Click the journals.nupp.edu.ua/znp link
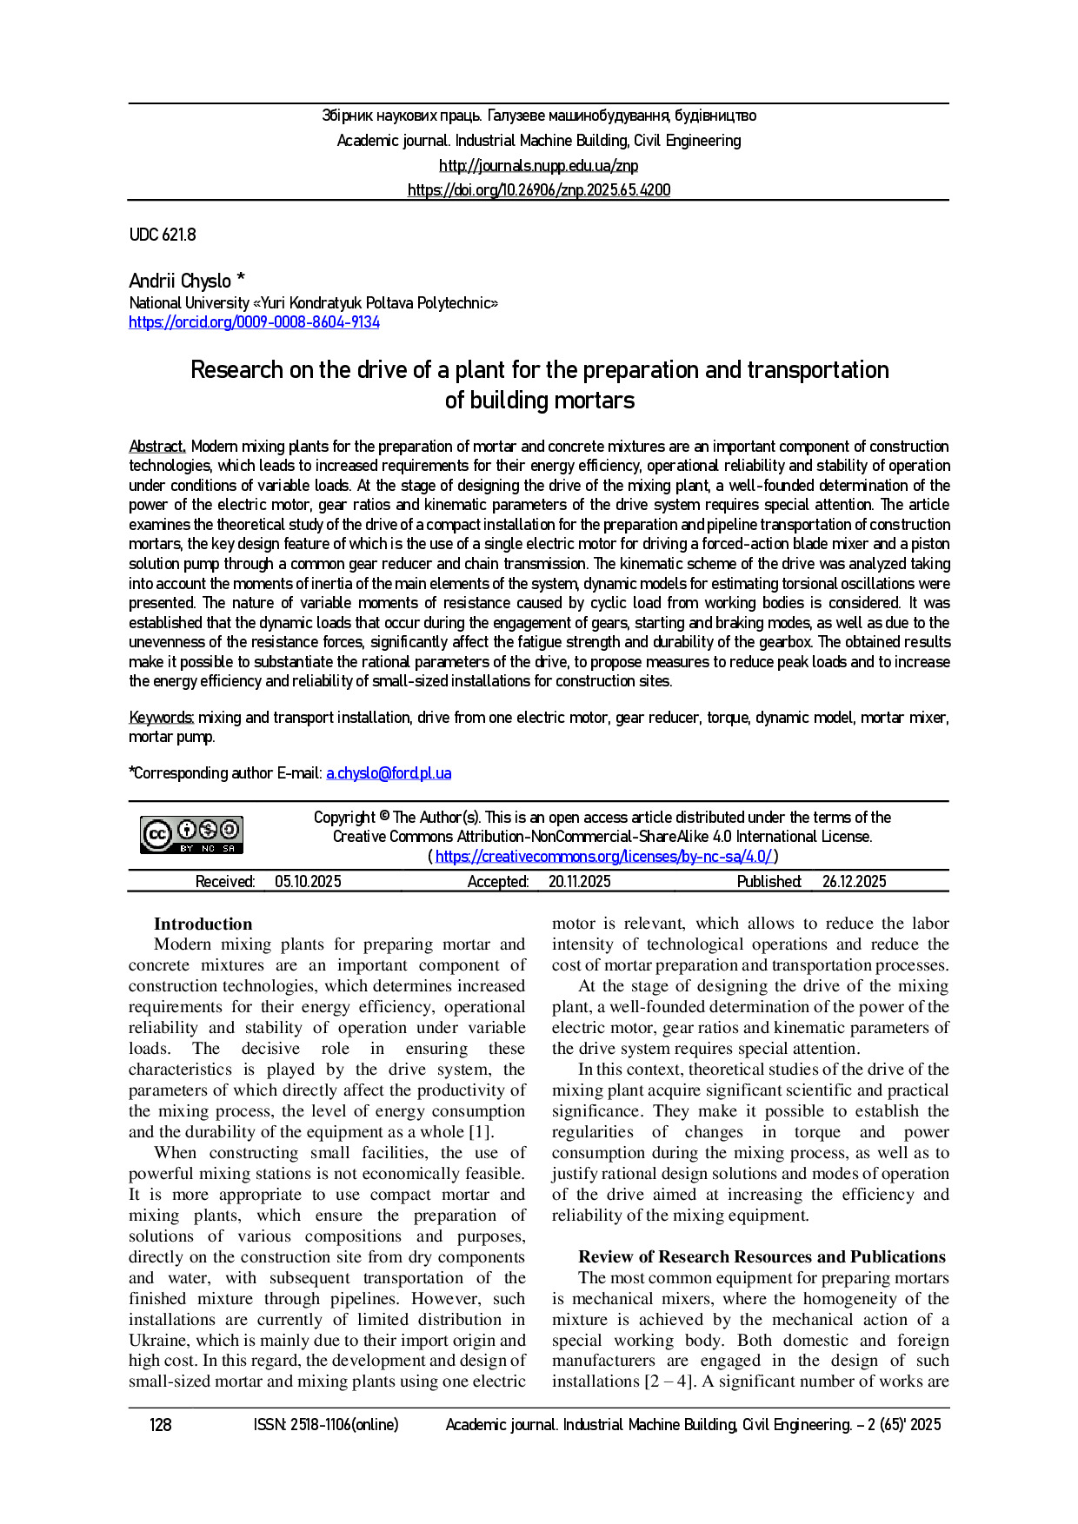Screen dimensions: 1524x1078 tap(538, 165)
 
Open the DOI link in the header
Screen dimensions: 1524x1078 tap(539, 190)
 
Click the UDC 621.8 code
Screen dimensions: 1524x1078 tap(163, 235)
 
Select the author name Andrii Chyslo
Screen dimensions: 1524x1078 tap(180, 281)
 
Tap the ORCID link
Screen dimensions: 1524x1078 tap(254, 322)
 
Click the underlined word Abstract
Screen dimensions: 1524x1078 tap(157, 447)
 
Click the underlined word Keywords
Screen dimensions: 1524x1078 tap(161, 718)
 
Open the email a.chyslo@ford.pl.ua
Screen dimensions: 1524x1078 tap(389, 773)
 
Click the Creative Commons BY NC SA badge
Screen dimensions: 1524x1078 tap(192, 835)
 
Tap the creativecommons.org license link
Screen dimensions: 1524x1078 tap(603, 857)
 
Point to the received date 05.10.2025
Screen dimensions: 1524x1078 tap(308, 882)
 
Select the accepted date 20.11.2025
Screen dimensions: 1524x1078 tap(579, 882)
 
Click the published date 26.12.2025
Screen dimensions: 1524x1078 tap(854, 882)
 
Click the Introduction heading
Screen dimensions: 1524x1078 tap(203, 924)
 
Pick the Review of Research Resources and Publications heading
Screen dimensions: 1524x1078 tap(762, 1256)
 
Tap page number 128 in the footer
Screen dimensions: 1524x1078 tap(161, 1425)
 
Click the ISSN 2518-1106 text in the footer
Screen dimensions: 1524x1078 tap(326, 1425)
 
